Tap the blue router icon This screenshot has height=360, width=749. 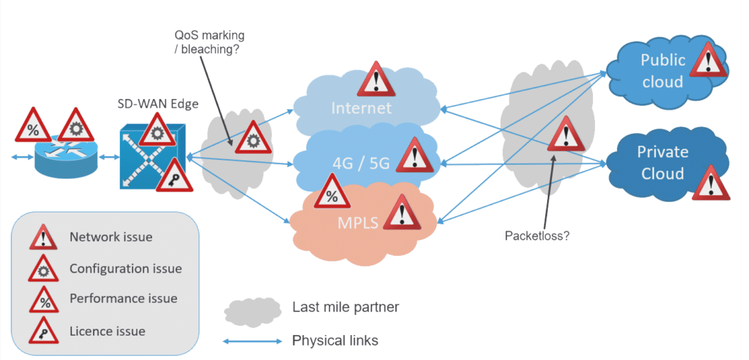65,156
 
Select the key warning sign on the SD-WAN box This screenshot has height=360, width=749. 174,175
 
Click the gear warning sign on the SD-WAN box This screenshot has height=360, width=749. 157,130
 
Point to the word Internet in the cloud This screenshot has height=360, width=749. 361,108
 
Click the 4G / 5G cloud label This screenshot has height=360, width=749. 361,164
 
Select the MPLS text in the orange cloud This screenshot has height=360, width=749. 359,223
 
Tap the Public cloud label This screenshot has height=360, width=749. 662,71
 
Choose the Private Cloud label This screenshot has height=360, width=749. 662,162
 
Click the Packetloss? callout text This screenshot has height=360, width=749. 537,235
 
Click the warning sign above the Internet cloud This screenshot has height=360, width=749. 377,79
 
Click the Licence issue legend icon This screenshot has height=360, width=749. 44,330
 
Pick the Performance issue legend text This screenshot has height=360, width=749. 123,299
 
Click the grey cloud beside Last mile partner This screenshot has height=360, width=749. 252,311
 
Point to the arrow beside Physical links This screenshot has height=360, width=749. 253,341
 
